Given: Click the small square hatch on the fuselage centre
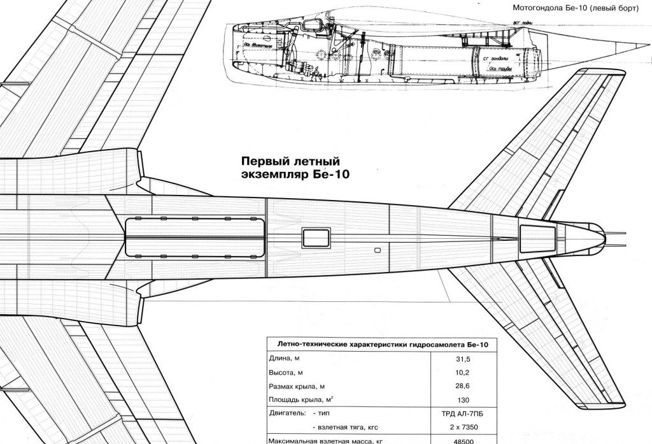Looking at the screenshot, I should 316,238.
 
